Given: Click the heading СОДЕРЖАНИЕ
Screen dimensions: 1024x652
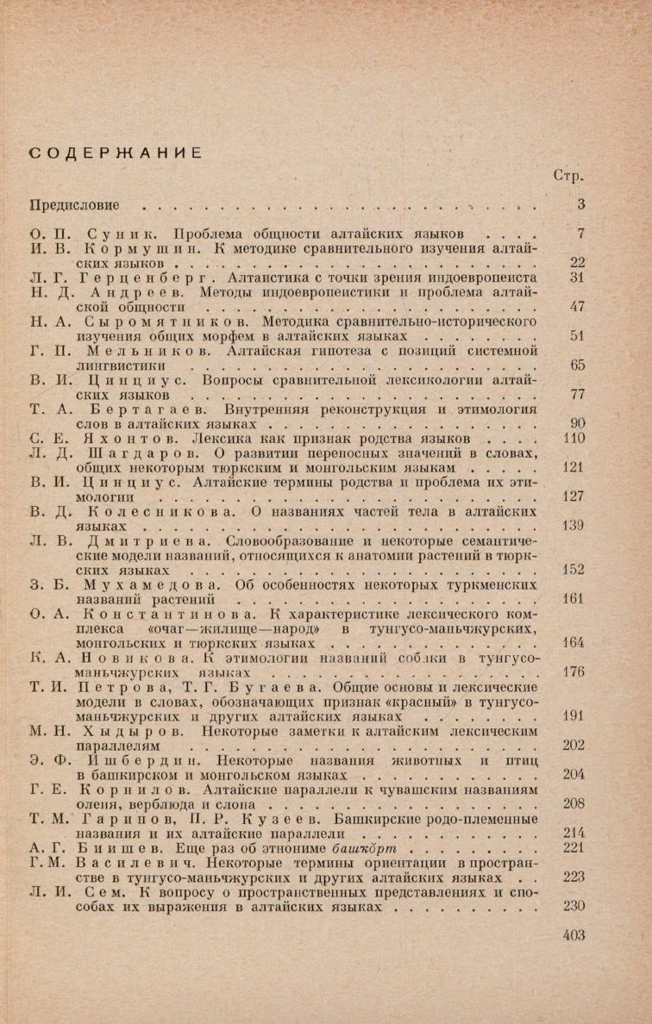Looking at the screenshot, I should click(116, 153).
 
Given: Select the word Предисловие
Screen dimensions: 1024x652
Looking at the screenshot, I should click(73, 206).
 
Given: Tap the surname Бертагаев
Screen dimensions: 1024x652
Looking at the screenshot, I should click(137, 409).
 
